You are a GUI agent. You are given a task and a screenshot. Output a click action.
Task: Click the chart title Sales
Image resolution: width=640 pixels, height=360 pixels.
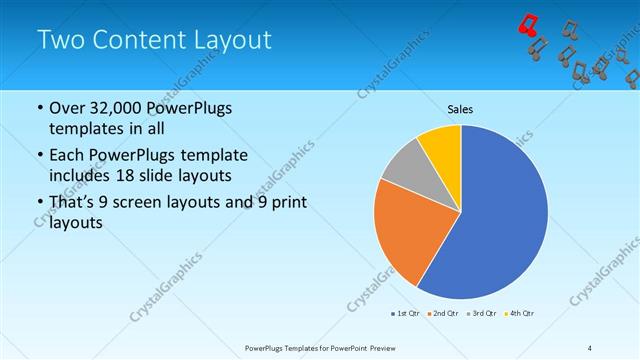click(x=460, y=109)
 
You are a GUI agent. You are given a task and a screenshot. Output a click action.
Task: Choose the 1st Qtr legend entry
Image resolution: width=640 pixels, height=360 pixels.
click(x=407, y=313)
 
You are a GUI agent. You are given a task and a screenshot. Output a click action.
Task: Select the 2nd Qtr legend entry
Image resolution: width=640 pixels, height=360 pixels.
click(x=444, y=313)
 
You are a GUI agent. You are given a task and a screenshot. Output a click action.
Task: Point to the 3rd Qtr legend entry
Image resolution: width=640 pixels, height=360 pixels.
click(x=483, y=313)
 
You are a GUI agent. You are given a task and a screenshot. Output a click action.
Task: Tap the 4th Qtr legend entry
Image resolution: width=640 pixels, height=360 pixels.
click(x=520, y=313)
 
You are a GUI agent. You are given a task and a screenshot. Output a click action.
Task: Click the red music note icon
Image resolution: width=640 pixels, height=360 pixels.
click(x=528, y=25)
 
